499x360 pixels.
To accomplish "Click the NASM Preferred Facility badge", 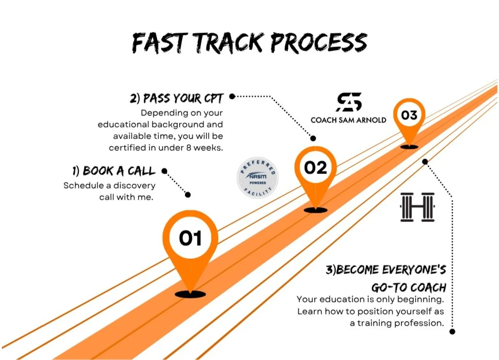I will tap(257, 178).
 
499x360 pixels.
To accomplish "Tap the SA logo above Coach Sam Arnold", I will tap(349, 102).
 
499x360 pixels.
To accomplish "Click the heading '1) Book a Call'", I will tap(114, 171).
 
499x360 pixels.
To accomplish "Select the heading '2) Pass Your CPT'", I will tap(176, 99).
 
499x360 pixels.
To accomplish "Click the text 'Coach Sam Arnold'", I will tap(348, 120).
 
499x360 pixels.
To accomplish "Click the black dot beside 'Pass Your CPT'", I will tap(232, 96).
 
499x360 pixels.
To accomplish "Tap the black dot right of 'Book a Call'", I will tap(164, 171).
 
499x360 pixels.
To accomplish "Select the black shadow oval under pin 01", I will tap(190, 294).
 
